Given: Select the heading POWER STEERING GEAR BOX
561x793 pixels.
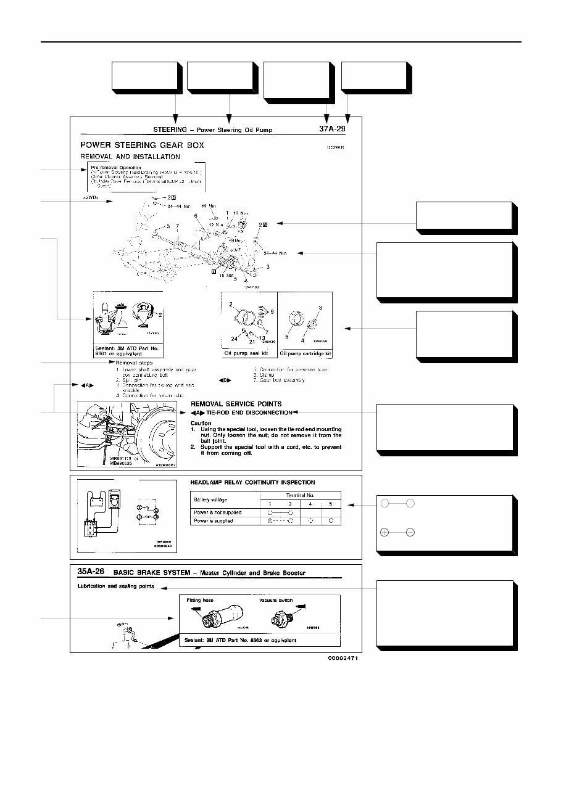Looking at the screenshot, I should pyautogui.click(x=143, y=146).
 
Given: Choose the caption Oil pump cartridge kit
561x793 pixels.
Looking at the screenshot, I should pyautogui.click(x=305, y=354).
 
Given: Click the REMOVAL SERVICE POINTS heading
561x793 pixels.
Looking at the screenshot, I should pyautogui.click(x=236, y=404).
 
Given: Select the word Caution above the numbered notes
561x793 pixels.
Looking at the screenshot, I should pyautogui.click(x=201, y=423).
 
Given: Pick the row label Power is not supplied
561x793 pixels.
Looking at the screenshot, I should pyautogui.click(x=218, y=512).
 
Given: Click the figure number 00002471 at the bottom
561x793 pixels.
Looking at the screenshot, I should pyautogui.click(x=343, y=658).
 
